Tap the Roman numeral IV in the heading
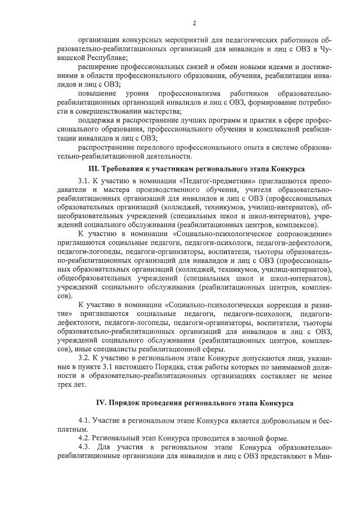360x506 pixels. pyautogui.click(x=101, y=404)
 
